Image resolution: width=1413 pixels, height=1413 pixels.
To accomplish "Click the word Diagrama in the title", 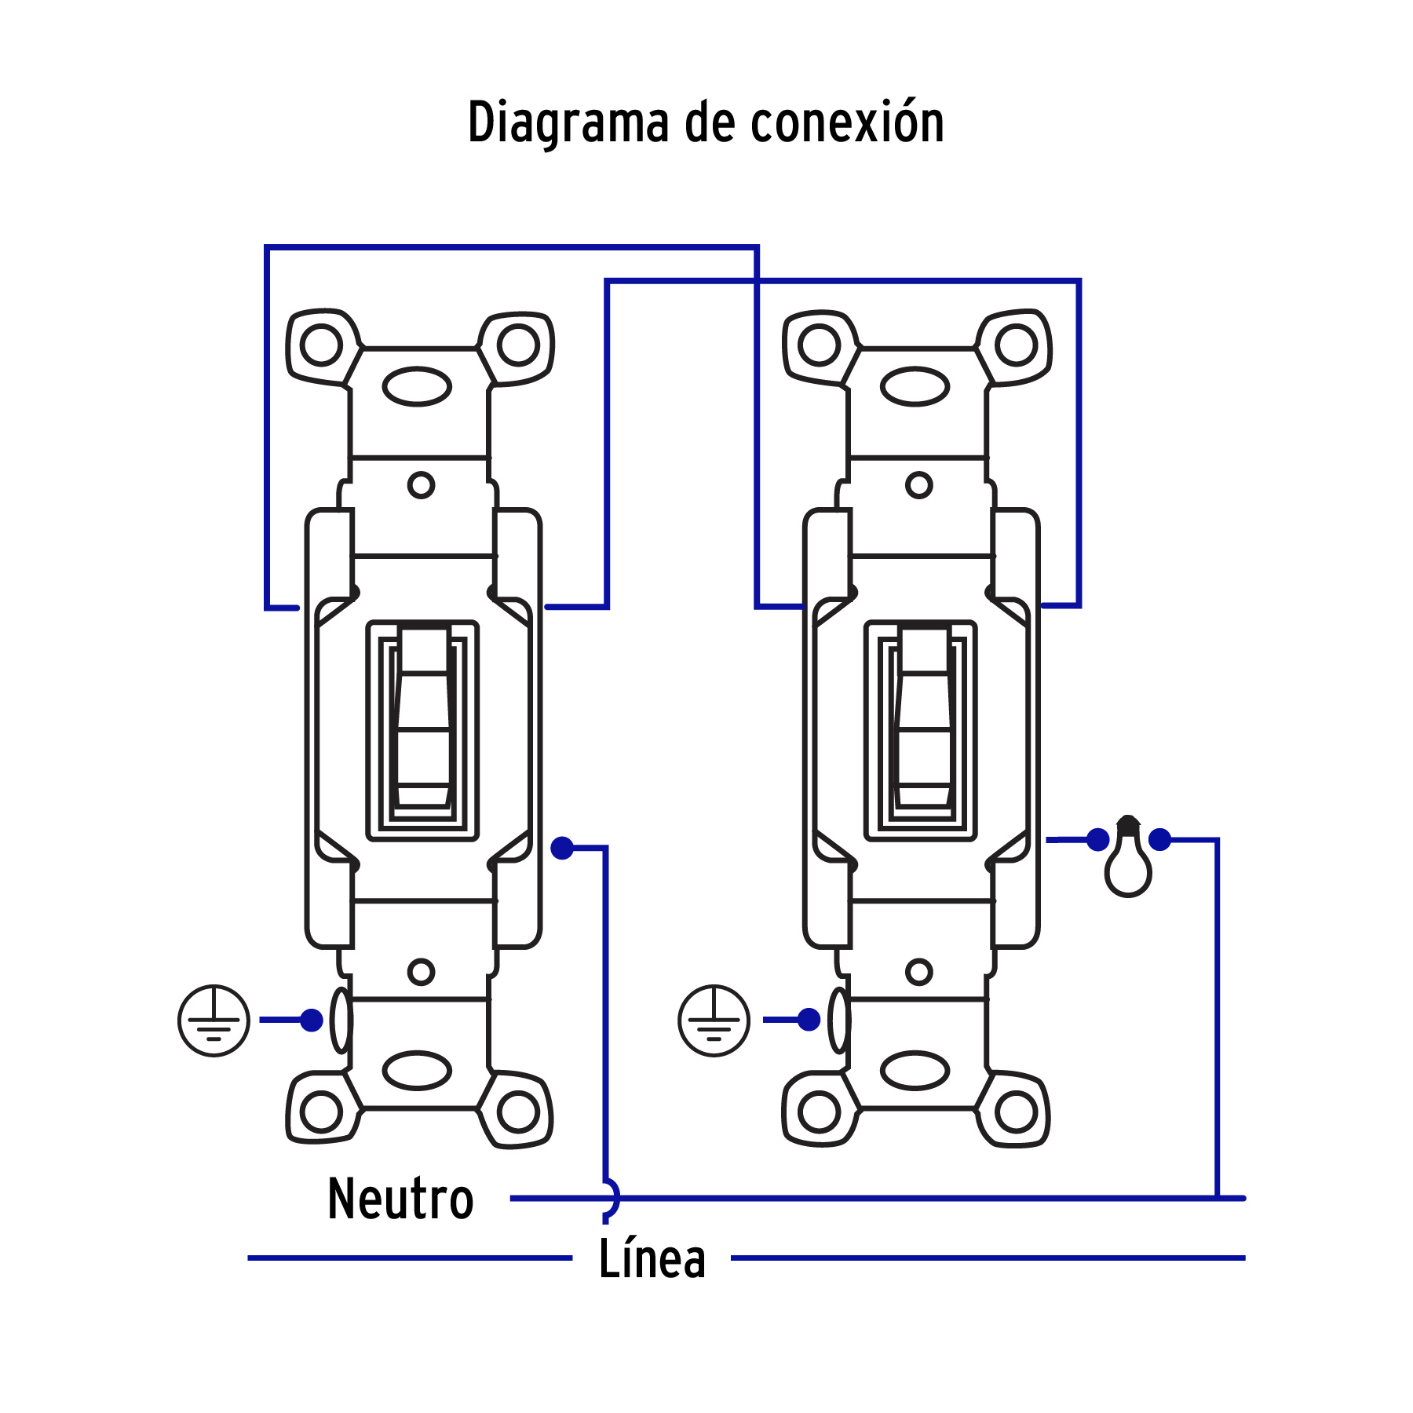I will (568, 123).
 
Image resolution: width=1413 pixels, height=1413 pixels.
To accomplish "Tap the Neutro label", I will (400, 1199).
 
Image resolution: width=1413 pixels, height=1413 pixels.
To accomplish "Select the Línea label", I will (652, 1259).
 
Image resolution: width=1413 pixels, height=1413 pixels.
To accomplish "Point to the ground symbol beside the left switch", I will (214, 1020).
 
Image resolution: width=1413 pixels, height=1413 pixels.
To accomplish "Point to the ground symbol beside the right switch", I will (714, 1020).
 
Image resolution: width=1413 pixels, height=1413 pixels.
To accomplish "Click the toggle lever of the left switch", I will (424, 718).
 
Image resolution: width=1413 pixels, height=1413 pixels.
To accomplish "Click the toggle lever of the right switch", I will (923, 718).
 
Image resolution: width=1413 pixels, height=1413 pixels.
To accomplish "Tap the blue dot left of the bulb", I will (1097, 840).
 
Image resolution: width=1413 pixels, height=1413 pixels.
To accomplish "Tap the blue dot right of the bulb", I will (1159, 840).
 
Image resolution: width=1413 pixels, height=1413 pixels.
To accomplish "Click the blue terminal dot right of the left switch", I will (562, 848).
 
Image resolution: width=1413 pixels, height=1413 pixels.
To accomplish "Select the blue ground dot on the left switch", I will (312, 1020).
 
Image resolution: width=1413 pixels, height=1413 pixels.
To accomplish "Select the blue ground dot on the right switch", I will (809, 1020).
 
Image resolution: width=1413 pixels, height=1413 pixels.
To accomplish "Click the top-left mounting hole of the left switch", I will (321, 345).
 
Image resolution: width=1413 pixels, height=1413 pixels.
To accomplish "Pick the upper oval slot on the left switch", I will (417, 386).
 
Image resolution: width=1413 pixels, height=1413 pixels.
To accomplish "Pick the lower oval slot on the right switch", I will (915, 1071).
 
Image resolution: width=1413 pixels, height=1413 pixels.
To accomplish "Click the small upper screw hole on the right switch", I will (918, 485).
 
